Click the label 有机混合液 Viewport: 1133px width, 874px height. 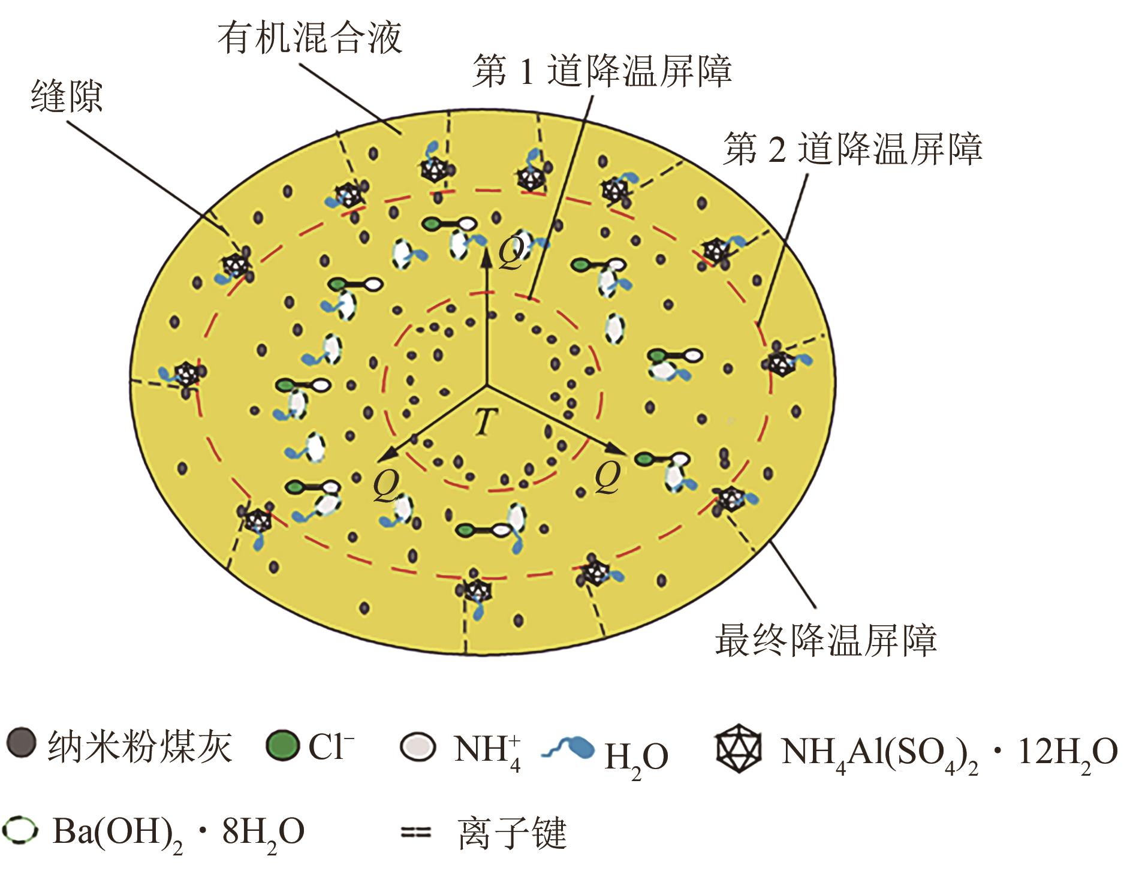pos(309,38)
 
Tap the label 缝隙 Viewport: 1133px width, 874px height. pos(67,96)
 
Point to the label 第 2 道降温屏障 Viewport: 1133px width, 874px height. pos(852,149)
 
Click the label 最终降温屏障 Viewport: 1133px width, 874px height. pos(825,640)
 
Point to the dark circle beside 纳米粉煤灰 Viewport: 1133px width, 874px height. pos(22,744)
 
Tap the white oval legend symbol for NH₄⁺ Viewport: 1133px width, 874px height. pos(418,746)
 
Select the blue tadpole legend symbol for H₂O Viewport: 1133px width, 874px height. pos(568,748)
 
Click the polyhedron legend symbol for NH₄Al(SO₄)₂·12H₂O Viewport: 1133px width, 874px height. pos(739,747)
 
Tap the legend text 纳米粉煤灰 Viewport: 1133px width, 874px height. pos(139,746)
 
